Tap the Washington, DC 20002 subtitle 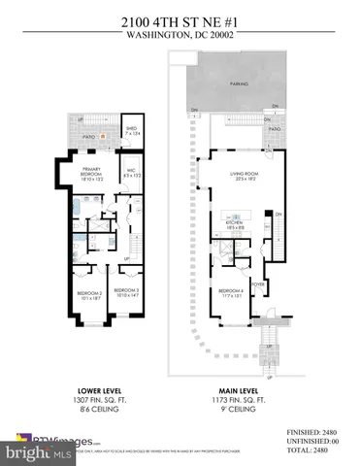click(180, 29)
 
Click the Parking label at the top click(238, 83)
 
